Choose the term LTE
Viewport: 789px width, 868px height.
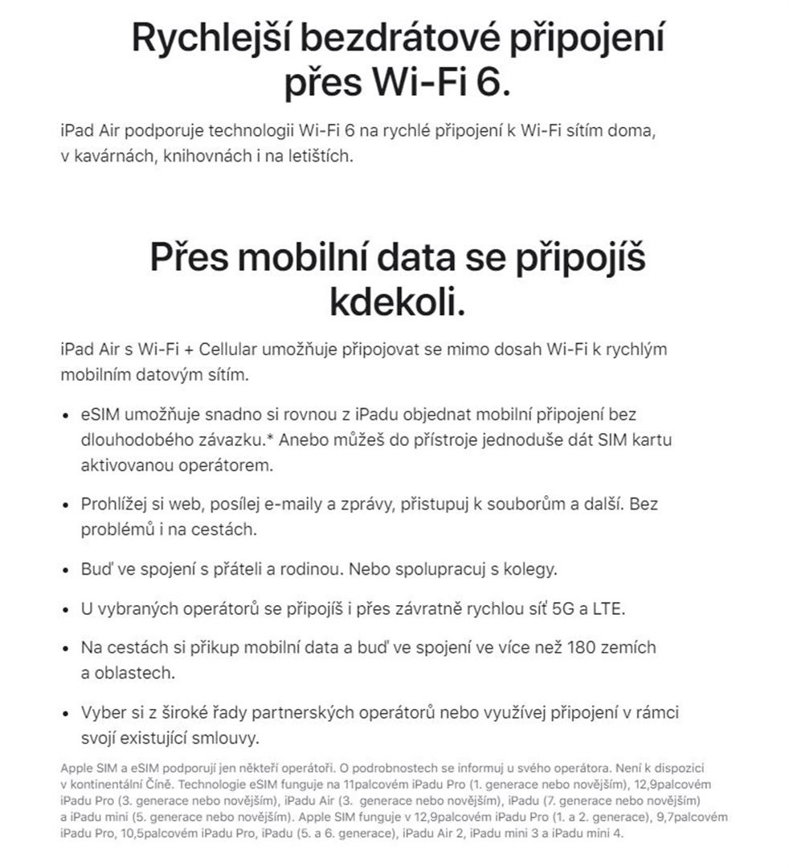[x=609, y=608]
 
